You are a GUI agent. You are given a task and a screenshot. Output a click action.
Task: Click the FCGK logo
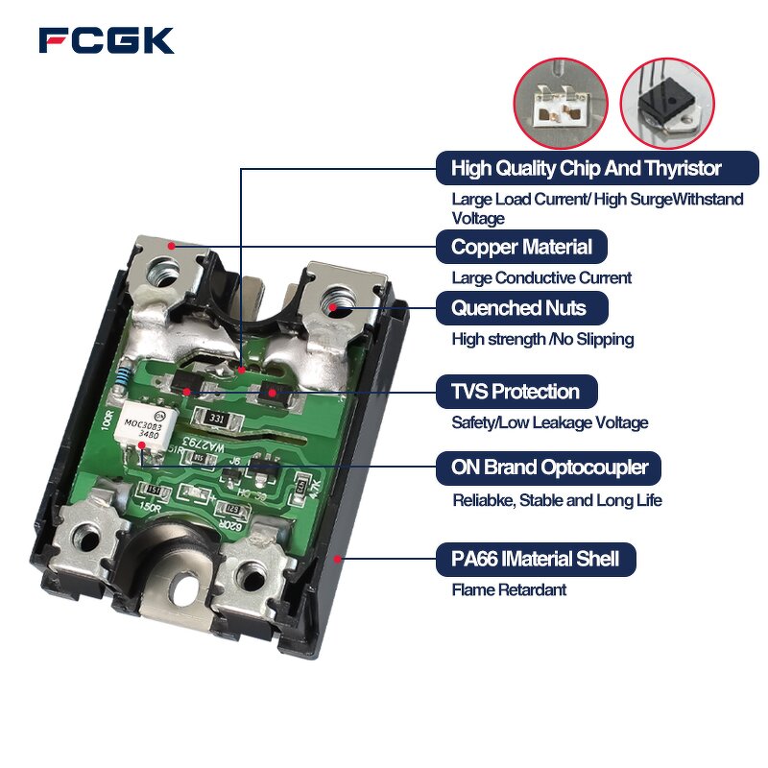point(107,40)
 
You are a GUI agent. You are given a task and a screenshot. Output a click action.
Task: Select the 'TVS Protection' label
point(516,392)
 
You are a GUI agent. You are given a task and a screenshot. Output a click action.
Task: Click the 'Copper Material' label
point(521,247)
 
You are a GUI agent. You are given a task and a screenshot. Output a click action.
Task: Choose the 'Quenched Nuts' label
point(518,308)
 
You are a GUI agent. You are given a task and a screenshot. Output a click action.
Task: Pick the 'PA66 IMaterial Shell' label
point(535,559)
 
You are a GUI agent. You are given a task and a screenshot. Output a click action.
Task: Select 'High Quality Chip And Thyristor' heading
point(586,169)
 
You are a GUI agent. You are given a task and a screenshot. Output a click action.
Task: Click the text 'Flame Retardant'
point(509,589)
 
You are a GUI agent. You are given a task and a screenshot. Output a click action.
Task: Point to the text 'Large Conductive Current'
point(541,277)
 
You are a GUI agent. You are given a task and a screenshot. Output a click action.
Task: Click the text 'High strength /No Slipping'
point(542,339)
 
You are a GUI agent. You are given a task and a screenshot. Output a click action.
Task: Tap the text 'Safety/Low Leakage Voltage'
point(549,422)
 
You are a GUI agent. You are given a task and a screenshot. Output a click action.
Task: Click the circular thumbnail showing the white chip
point(561,102)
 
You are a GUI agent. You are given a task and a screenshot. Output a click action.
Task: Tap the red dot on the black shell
point(335,556)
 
